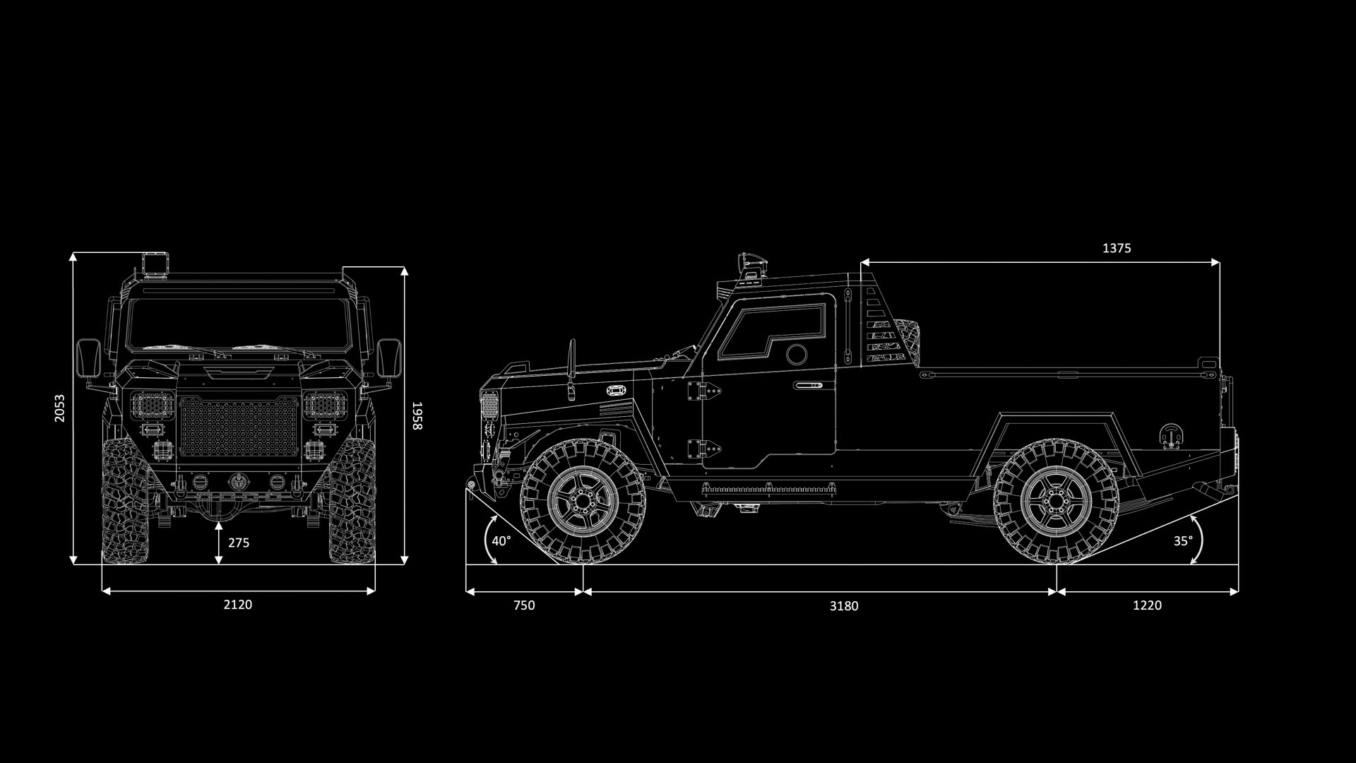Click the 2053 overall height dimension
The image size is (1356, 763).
(60, 408)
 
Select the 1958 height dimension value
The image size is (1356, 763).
(417, 415)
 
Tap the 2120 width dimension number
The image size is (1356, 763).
(238, 604)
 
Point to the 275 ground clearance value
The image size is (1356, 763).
(239, 543)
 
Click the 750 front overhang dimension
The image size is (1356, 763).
(524, 605)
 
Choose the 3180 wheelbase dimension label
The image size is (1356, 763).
(844, 605)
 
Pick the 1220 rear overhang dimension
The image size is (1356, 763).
(1147, 605)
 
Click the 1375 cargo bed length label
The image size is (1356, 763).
(1117, 248)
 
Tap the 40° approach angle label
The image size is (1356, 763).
(501, 541)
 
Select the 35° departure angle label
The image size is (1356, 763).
(1183, 541)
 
